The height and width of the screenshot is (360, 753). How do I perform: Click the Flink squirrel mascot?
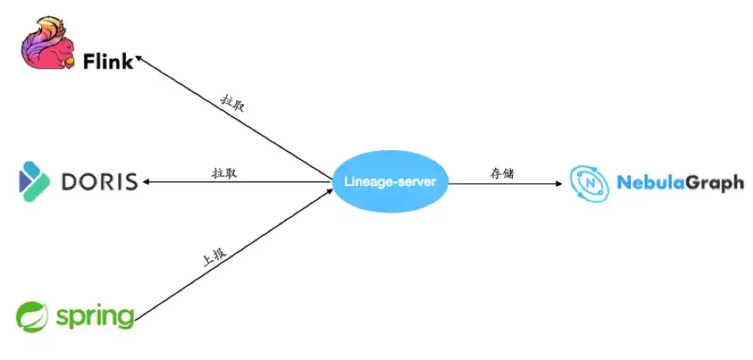(x=48, y=44)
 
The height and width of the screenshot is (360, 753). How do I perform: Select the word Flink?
(x=108, y=61)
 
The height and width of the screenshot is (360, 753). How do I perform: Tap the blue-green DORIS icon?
(x=34, y=182)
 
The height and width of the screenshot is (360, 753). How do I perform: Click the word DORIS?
(x=100, y=182)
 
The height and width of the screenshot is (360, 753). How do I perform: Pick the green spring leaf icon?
(x=32, y=316)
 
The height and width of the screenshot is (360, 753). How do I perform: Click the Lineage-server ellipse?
(x=390, y=182)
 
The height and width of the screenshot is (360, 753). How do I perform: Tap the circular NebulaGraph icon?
(x=590, y=183)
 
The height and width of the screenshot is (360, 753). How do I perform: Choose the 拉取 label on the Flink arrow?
(x=232, y=102)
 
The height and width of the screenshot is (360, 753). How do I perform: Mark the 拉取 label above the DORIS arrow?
(x=225, y=173)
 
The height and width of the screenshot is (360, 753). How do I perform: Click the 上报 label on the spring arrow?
(x=214, y=257)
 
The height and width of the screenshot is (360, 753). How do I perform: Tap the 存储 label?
(x=501, y=173)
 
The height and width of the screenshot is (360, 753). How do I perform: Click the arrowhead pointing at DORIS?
(x=146, y=182)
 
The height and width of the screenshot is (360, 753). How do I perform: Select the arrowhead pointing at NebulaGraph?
(x=559, y=183)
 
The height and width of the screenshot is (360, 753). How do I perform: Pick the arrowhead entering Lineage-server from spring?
(x=329, y=191)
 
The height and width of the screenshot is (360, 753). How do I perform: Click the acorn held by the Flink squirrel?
(x=69, y=61)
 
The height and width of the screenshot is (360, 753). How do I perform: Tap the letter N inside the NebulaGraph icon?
(x=590, y=183)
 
